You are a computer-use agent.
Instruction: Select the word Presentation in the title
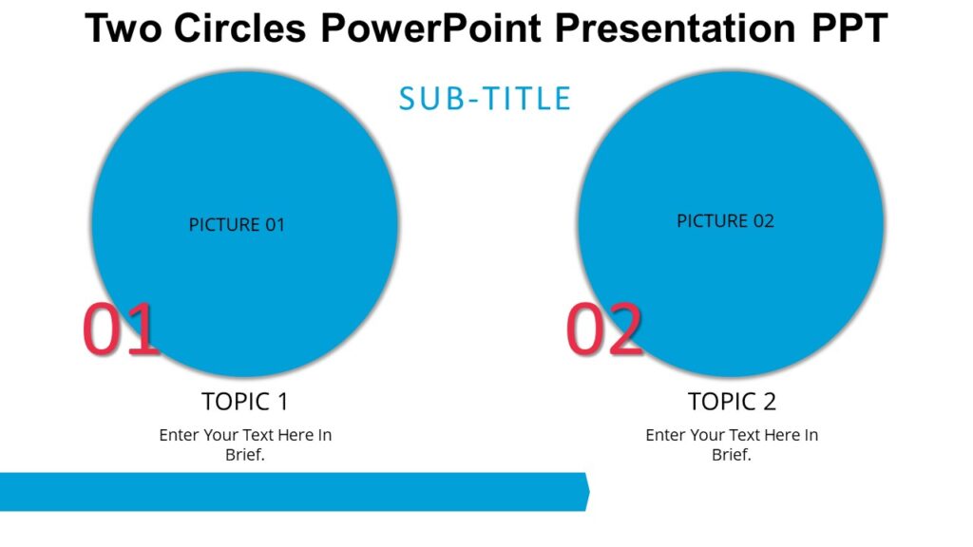coord(675,28)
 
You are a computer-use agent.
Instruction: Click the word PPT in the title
coord(849,28)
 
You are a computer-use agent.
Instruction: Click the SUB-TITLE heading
coord(485,99)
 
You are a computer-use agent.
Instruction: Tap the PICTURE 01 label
coord(237,225)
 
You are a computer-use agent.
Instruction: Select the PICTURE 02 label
coord(725,221)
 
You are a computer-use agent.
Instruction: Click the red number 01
coord(120,330)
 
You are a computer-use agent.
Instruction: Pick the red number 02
coord(604,330)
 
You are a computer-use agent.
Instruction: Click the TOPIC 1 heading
coord(245,401)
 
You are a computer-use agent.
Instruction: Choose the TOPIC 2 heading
coord(732,401)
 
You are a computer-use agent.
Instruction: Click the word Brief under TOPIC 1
coord(244,455)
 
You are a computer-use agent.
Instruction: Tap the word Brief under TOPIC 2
coord(731,455)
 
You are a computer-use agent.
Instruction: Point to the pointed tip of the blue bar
coord(588,492)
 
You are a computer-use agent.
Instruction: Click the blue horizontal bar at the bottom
coord(285,492)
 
